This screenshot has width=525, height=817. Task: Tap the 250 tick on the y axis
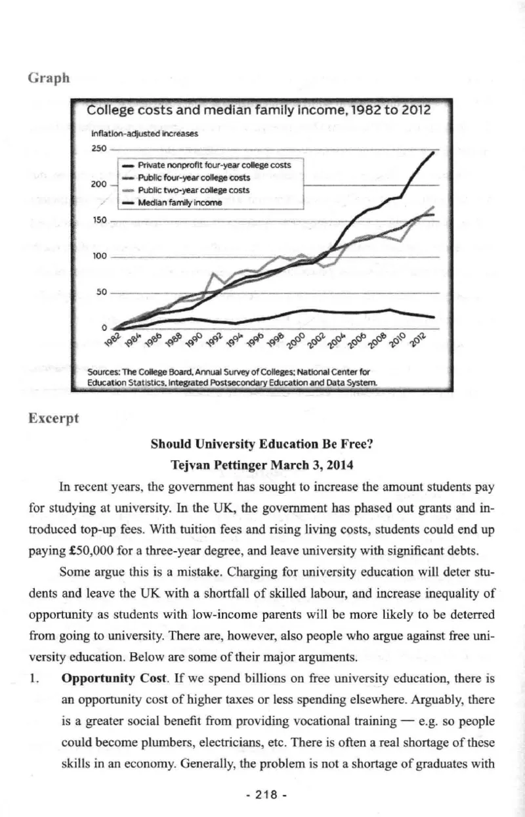point(98,149)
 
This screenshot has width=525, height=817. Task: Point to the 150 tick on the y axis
point(98,221)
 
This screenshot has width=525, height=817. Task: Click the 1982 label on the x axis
point(112,339)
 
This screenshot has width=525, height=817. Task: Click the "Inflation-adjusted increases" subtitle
point(136,133)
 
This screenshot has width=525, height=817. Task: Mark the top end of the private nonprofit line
point(434,152)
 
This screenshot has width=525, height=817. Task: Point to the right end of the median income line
point(434,317)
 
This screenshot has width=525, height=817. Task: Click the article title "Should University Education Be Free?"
point(262,443)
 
